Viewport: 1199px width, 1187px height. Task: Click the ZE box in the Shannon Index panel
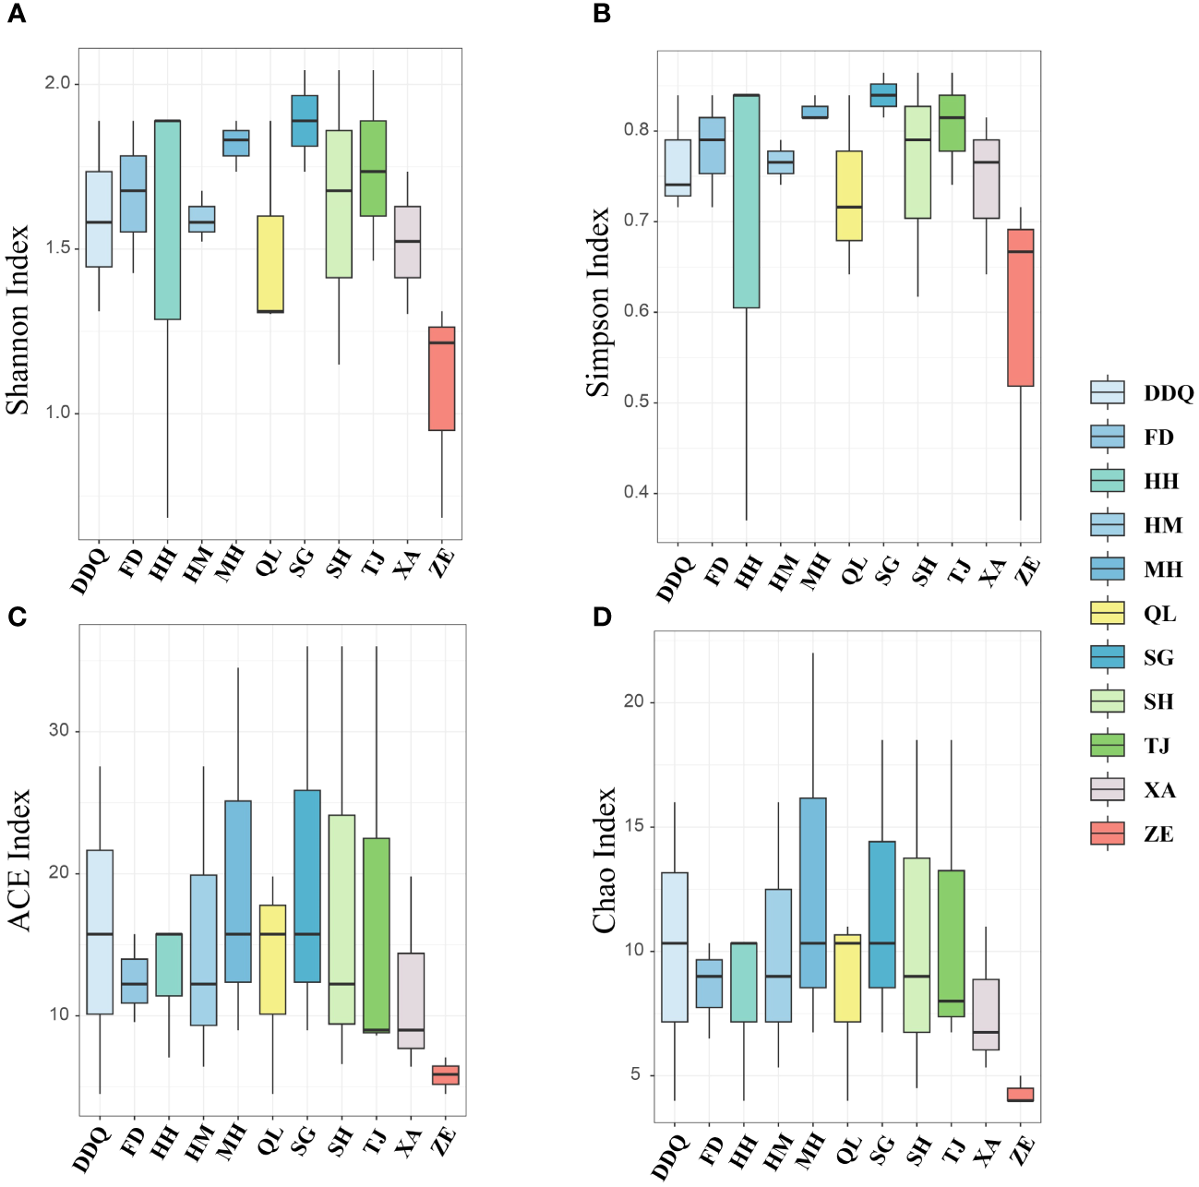coord(441,378)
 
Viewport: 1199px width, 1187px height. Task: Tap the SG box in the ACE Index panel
coord(307,886)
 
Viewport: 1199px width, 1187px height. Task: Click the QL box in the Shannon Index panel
coord(270,264)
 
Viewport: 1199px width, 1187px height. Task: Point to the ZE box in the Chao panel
coord(1020,1095)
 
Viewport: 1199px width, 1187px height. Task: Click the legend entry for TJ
coord(1108,746)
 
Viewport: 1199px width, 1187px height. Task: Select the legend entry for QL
coord(1108,614)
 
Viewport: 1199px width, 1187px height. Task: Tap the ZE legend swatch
coord(1108,834)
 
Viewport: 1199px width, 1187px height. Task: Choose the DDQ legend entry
coord(1108,393)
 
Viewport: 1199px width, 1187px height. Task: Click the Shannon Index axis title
coord(18,319)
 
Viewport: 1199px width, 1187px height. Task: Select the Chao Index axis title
coord(605,860)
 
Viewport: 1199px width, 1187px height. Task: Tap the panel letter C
coord(17,617)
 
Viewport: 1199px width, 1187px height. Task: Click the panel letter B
coord(602,15)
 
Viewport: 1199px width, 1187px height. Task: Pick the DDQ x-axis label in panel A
coord(90,571)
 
